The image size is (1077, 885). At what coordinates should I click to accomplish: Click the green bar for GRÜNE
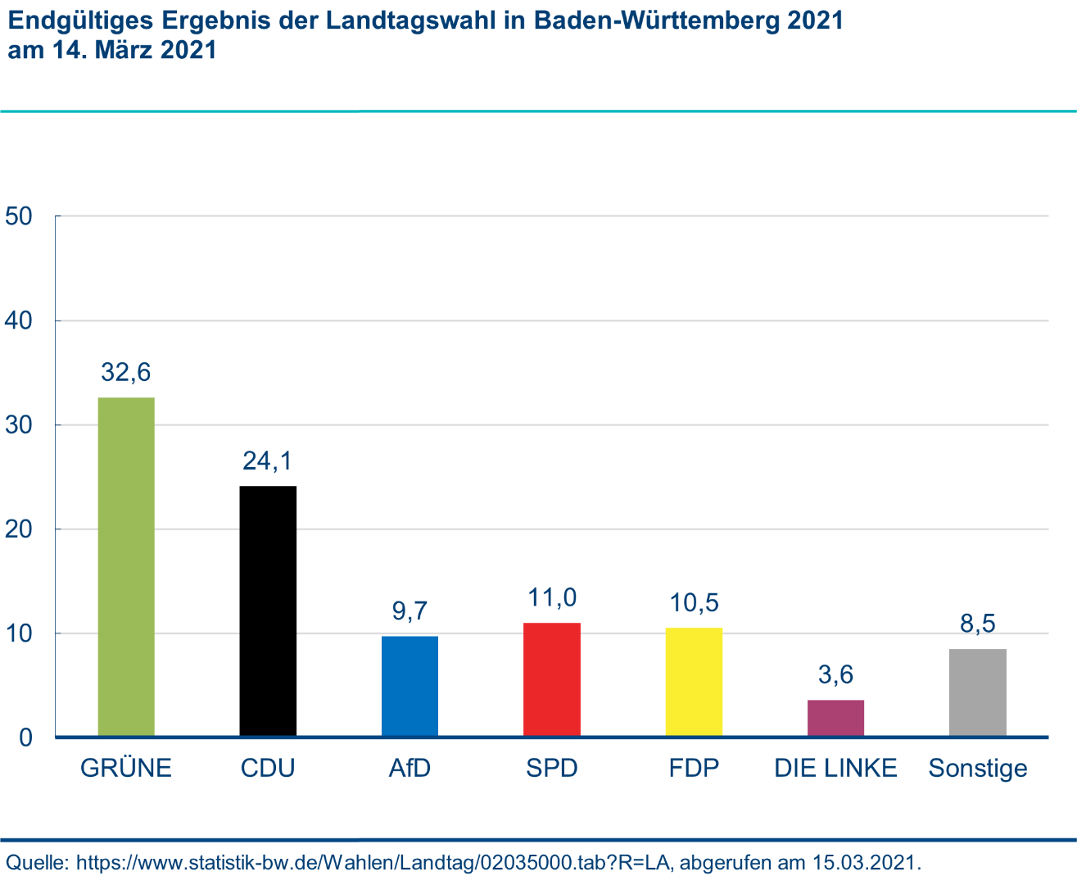click(x=126, y=567)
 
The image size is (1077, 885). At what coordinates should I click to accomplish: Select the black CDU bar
click(x=268, y=611)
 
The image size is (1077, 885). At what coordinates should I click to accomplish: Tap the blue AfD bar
click(x=410, y=687)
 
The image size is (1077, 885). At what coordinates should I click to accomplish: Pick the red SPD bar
click(x=552, y=680)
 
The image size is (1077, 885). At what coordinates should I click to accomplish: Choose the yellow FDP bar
click(x=694, y=683)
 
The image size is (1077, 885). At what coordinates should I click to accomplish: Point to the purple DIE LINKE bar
click(x=835, y=719)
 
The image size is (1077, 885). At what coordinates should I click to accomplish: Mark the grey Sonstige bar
click(x=978, y=693)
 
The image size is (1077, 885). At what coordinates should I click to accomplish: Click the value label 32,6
click(x=126, y=373)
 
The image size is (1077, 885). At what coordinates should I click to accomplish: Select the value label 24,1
click(x=268, y=461)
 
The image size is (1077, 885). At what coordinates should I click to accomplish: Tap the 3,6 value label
click(x=835, y=674)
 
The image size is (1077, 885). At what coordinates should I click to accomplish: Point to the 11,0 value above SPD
click(x=552, y=597)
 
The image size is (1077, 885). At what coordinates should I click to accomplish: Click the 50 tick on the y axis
click(x=18, y=216)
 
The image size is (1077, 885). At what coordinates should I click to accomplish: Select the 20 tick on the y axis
click(x=18, y=529)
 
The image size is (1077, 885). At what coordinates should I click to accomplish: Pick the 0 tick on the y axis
click(x=25, y=737)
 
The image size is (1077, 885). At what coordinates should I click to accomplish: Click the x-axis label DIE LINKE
click(x=835, y=769)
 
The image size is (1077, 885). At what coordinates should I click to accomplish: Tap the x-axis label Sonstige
click(x=978, y=769)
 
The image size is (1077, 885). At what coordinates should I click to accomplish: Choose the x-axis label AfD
click(x=410, y=769)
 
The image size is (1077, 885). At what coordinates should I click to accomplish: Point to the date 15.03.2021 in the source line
click(x=863, y=863)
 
